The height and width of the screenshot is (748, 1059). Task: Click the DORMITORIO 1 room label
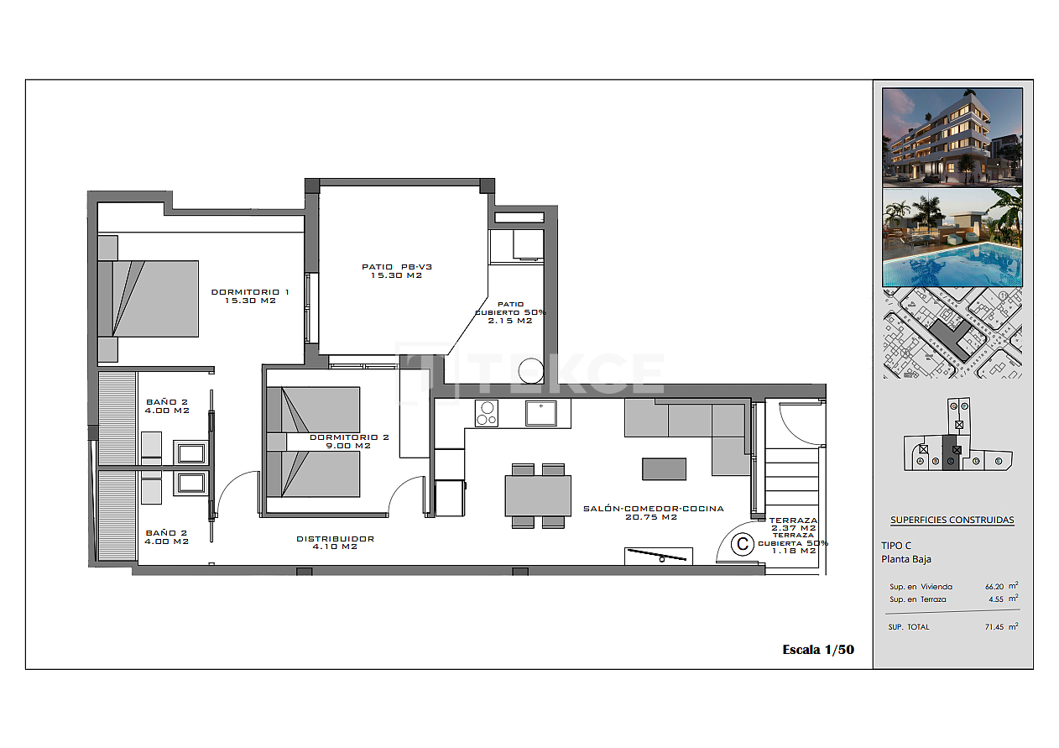click(249, 296)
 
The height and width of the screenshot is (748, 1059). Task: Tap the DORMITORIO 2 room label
click(349, 441)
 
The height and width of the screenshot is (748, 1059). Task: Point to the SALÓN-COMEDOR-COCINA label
click(653, 512)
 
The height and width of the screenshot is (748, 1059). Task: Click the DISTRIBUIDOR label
click(335, 542)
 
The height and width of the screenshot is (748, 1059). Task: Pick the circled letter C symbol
click(742, 544)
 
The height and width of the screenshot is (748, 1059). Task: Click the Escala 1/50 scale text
click(817, 649)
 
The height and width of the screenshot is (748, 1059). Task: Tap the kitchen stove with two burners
click(486, 412)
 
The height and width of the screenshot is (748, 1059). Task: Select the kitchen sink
click(542, 412)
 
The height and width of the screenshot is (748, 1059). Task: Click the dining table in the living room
click(538, 495)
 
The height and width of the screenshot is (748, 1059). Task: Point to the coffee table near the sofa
click(664, 468)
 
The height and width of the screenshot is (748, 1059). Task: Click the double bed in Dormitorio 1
click(149, 298)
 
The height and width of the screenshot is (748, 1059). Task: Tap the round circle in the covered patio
click(531, 370)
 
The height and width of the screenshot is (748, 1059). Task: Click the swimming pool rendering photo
click(952, 238)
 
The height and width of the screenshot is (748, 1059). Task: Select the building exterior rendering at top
click(952, 137)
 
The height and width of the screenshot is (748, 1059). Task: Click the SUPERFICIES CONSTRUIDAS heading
click(952, 520)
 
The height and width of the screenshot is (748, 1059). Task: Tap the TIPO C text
click(896, 545)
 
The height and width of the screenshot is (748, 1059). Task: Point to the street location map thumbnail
click(952, 333)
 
